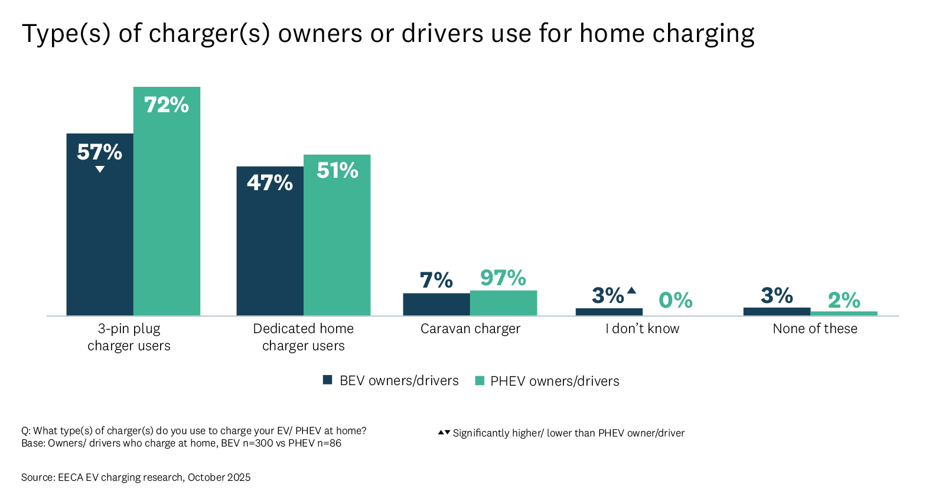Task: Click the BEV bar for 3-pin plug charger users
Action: [x=100, y=236]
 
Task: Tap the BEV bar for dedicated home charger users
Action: [x=270, y=248]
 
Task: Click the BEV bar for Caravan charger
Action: [x=436, y=304]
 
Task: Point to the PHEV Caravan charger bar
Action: [x=503, y=303]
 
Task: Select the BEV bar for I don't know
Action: [x=609, y=312]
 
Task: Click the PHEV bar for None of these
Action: [x=843, y=313]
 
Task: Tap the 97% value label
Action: [x=503, y=278]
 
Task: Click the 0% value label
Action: [x=675, y=300]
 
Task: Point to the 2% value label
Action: [x=843, y=300]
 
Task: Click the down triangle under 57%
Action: [x=100, y=169]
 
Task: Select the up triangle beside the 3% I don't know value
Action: [x=631, y=290]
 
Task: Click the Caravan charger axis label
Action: [x=470, y=328]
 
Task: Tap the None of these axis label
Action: [x=814, y=328]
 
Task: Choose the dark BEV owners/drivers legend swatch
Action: [x=327, y=380]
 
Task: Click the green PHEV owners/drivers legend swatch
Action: [x=480, y=380]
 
